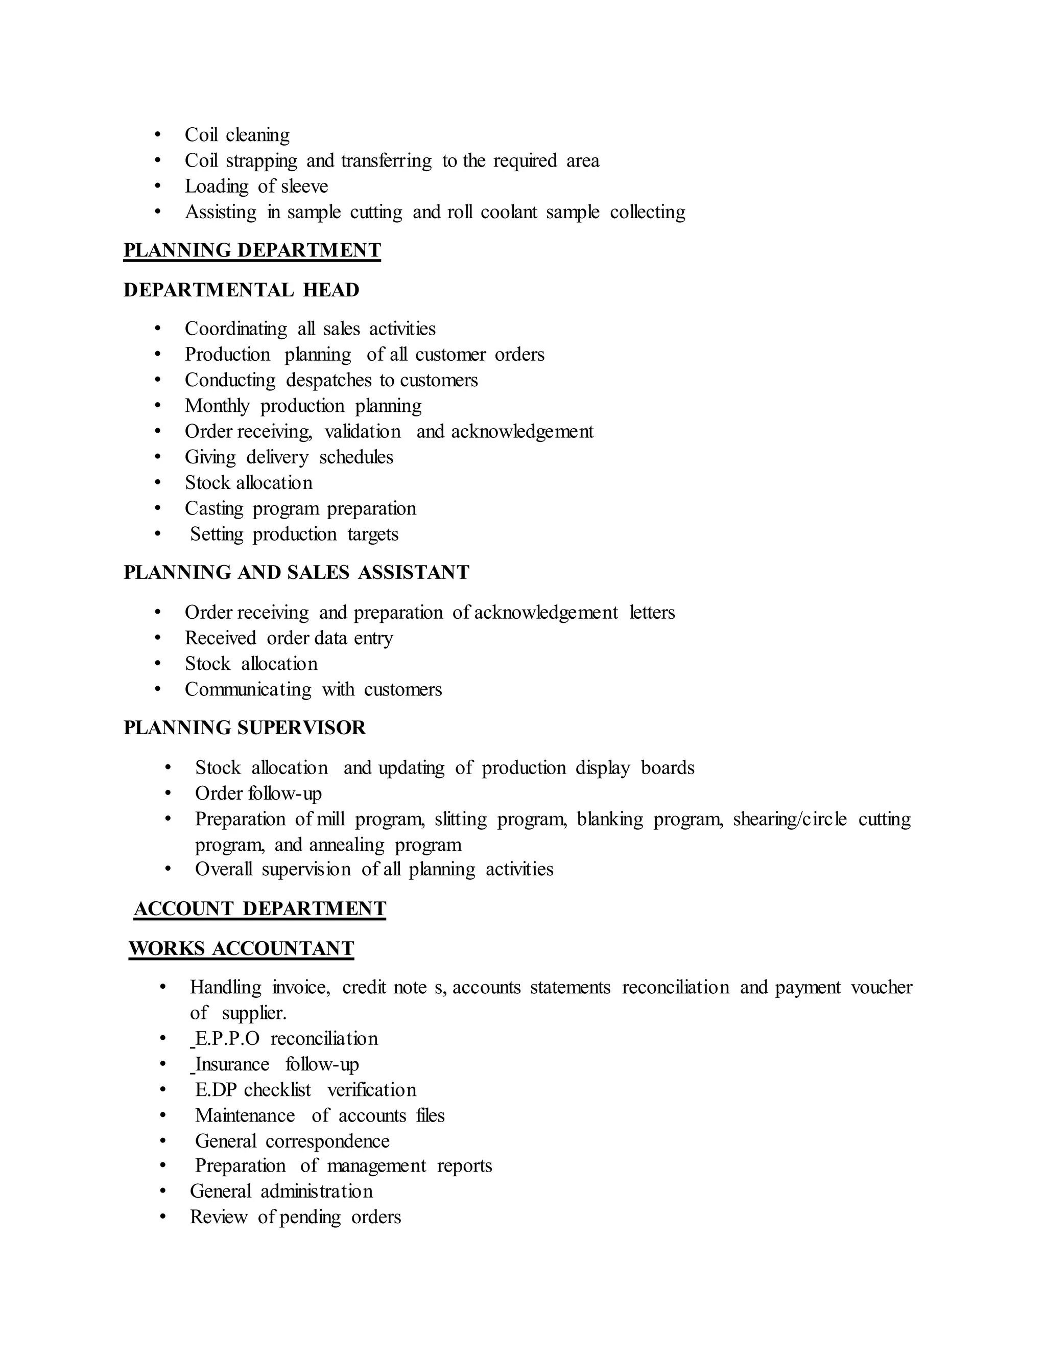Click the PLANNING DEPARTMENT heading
click(x=252, y=250)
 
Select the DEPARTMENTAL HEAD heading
click(x=241, y=290)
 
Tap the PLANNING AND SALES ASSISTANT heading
click(x=296, y=572)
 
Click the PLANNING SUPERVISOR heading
click(x=245, y=728)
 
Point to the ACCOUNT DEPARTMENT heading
click(x=259, y=909)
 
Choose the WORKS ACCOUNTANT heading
click(x=241, y=948)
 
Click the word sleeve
click(x=304, y=186)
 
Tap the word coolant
click(x=509, y=212)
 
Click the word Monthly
click(x=217, y=406)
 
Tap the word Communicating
click(x=248, y=689)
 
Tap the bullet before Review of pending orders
click(x=163, y=1217)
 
